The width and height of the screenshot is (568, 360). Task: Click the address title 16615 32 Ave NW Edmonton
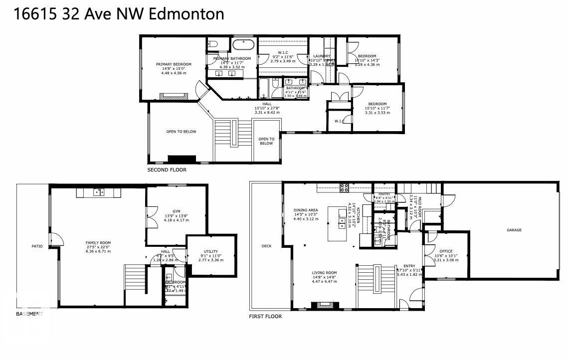119,14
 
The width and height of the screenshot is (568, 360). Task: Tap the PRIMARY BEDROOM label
174,64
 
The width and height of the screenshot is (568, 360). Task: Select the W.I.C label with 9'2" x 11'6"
282,56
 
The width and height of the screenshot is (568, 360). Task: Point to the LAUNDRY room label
322,56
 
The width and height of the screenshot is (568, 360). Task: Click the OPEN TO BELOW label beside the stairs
266,141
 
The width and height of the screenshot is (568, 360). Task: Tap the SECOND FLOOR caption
167,170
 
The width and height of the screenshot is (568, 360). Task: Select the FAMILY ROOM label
98,243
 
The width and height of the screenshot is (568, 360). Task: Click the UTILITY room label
211,251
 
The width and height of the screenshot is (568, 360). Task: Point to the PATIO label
37,246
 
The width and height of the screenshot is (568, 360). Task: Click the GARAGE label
514,230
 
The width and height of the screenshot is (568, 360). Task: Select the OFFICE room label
446,251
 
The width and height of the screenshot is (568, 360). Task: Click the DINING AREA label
306,210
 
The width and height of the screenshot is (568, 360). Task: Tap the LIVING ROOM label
324,273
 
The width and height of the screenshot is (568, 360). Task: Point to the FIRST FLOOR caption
265,317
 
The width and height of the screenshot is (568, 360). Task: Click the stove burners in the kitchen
344,187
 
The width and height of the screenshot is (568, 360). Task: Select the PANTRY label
384,194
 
